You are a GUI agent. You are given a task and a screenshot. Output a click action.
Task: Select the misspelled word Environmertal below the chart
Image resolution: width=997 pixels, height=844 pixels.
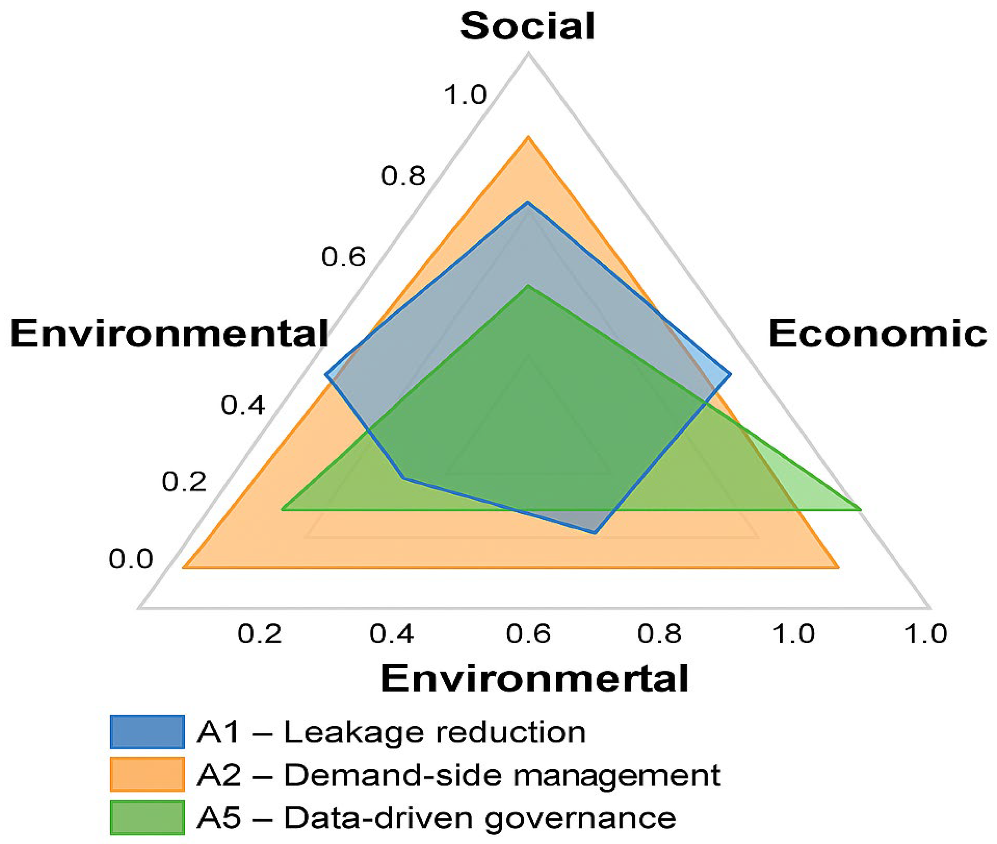(x=534, y=678)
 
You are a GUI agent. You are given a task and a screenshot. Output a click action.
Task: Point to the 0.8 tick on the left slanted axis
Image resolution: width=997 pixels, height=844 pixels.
(x=403, y=176)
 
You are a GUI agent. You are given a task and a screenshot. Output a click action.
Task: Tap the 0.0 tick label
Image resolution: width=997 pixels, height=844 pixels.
(x=130, y=559)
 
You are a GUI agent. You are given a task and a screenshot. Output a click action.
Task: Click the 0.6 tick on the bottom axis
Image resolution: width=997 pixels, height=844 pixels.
(x=528, y=634)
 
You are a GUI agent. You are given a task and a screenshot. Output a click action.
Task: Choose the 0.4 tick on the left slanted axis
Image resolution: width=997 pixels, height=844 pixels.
(x=243, y=405)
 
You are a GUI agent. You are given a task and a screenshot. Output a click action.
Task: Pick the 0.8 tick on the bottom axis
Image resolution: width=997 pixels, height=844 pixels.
(x=659, y=634)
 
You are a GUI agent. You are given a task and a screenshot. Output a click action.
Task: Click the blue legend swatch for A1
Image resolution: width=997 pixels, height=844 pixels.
(x=147, y=731)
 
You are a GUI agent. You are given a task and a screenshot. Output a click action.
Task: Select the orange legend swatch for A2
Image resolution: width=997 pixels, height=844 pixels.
(x=147, y=774)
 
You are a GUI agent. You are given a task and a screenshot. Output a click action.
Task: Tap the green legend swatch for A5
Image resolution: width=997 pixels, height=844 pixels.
(x=147, y=817)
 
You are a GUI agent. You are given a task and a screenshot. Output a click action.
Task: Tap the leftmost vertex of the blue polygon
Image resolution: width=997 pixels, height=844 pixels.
(x=326, y=375)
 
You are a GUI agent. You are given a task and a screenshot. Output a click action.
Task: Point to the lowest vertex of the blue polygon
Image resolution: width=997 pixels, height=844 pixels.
(x=595, y=532)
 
